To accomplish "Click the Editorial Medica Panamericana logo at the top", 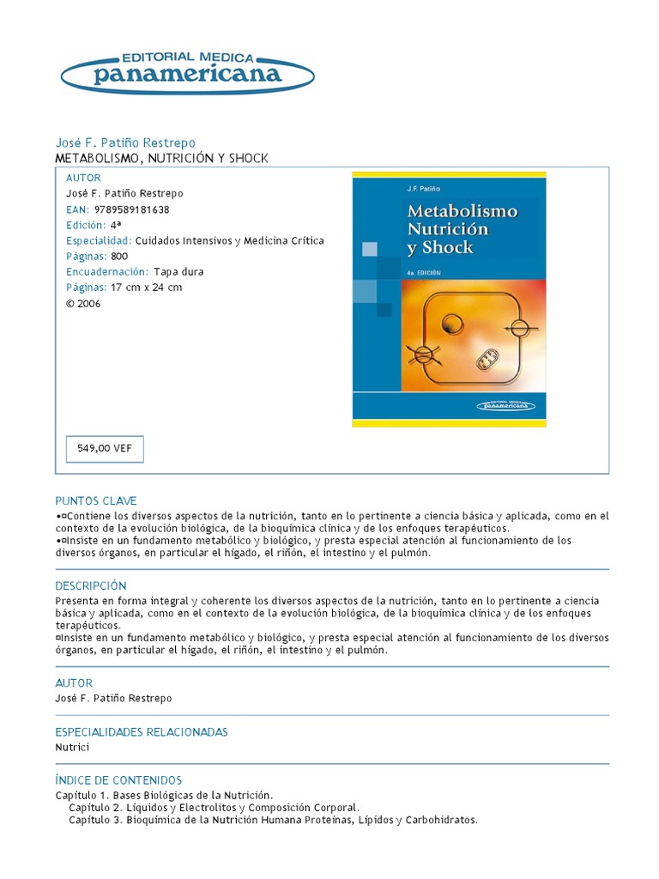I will [x=187, y=70].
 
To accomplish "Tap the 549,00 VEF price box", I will [x=105, y=448].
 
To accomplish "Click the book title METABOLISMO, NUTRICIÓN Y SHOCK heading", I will [x=162, y=159].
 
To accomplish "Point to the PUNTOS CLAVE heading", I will [x=96, y=500].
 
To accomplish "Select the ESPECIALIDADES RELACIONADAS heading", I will [x=142, y=732].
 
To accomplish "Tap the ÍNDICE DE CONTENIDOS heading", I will [x=118, y=780].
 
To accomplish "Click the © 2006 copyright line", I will [x=83, y=303].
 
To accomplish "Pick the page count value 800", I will [x=119, y=256].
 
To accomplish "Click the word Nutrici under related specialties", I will [x=72, y=748].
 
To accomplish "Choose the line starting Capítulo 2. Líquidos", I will [x=215, y=808].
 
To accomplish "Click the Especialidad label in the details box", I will [x=99, y=240].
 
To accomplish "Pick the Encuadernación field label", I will [x=107, y=272].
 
